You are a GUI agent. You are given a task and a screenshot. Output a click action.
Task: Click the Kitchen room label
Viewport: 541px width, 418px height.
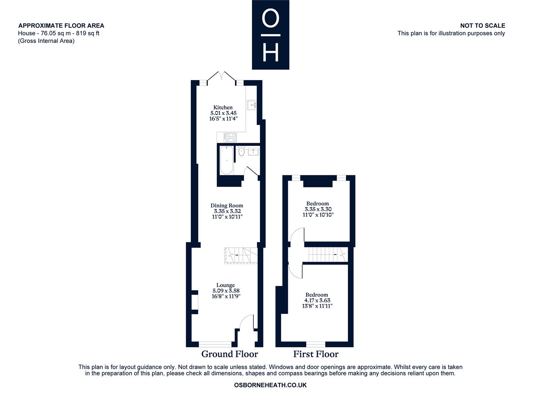tap(223, 107)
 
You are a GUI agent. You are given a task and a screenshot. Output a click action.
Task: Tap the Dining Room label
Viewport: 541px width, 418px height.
tap(226, 206)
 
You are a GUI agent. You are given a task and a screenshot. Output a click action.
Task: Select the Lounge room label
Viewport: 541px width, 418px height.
tap(226, 285)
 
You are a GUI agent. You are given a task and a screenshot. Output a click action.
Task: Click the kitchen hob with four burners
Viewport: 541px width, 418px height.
tap(230, 137)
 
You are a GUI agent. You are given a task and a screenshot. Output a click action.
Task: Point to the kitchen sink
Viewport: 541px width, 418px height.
tap(252, 105)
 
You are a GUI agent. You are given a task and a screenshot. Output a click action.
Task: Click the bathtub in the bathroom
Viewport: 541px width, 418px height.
tap(226, 160)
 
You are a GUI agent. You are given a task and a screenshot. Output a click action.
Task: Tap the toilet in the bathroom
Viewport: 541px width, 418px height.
tap(241, 151)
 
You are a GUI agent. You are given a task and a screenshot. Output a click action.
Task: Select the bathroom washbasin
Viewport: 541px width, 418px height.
tap(253, 151)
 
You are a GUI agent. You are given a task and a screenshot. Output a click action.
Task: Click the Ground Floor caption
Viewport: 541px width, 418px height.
tap(229, 354)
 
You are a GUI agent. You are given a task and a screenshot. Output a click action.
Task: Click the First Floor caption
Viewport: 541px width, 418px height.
tap(316, 354)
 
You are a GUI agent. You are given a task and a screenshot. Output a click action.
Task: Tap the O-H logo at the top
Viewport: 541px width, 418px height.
tap(270, 35)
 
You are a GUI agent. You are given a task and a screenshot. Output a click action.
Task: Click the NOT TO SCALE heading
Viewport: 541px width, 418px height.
tap(483, 26)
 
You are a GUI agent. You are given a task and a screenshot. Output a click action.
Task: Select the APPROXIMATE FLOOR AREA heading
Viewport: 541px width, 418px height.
tap(61, 26)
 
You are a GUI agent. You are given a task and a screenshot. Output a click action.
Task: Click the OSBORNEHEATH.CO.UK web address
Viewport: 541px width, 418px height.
tap(270, 385)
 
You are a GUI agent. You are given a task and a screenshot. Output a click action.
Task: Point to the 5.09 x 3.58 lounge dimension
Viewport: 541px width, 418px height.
tap(226, 291)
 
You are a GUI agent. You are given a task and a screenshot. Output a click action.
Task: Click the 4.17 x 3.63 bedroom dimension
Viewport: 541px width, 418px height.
tap(317, 300)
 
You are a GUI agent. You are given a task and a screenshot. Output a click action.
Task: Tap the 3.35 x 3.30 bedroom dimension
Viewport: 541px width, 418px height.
tap(318, 209)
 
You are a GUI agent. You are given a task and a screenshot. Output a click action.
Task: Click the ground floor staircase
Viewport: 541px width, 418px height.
tap(241, 256)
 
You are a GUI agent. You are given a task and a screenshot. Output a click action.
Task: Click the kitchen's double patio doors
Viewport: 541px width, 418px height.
tap(221, 76)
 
